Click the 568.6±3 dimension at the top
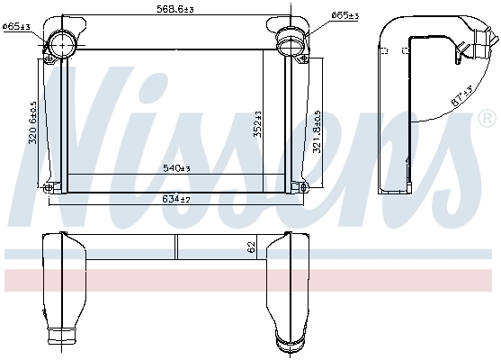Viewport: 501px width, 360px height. (x=176, y=10)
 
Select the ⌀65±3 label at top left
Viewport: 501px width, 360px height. (x=16, y=27)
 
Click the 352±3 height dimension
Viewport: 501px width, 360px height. (x=257, y=123)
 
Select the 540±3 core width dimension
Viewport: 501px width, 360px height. (x=175, y=168)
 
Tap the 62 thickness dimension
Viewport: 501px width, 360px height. (x=251, y=245)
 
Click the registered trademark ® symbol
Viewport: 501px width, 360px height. (x=486, y=118)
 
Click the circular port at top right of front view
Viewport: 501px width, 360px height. (x=291, y=40)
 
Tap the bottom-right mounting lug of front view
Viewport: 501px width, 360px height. (x=303, y=186)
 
